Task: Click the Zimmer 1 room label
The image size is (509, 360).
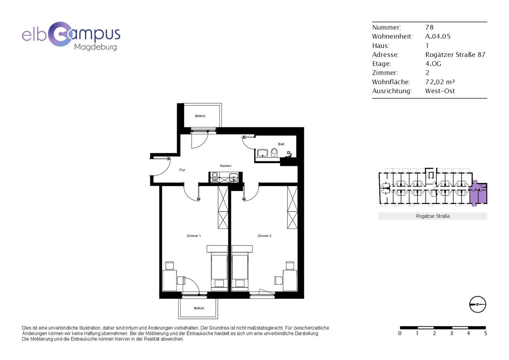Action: click(x=194, y=236)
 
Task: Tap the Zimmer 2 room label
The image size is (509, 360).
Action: click(x=264, y=236)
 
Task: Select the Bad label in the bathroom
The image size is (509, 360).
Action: click(x=281, y=144)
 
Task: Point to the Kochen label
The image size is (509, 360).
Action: click(x=226, y=166)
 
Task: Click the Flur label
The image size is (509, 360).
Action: click(x=182, y=170)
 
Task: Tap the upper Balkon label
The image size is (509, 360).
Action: click(x=200, y=116)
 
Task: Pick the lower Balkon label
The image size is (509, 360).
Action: click(x=199, y=308)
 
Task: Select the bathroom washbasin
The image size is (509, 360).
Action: click(x=263, y=153)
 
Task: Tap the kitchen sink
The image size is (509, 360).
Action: click(x=233, y=177)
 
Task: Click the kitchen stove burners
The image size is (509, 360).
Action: click(x=215, y=177)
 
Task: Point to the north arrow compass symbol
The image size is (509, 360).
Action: click(x=478, y=304)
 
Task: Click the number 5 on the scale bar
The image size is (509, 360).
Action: click(x=485, y=333)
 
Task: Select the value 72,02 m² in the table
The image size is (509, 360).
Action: click(x=440, y=82)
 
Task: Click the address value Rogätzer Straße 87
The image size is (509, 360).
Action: click(x=455, y=54)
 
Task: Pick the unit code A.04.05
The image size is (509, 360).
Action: click(x=438, y=36)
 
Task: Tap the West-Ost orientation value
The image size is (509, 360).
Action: click(x=440, y=91)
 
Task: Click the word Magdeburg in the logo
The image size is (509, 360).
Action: click(x=95, y=47)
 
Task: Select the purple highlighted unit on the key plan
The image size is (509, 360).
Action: click(x=478, y=193)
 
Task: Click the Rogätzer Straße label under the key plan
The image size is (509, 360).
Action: click(x=433, y=216)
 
